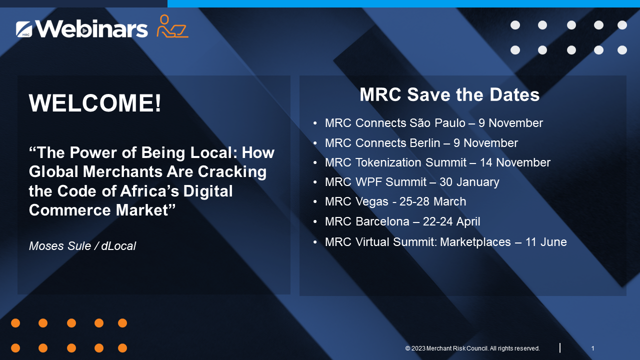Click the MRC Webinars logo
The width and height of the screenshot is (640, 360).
(82, 29)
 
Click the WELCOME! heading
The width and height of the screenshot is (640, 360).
(95, 103)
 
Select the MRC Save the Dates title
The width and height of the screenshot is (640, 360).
(449, 94)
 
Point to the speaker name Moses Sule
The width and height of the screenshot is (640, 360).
(59, 246)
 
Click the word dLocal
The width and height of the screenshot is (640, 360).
(118, 246)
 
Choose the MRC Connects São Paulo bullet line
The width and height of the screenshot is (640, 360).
(433, 123)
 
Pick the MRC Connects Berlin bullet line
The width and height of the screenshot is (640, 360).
(421, 143)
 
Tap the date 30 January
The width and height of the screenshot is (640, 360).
(469, 182)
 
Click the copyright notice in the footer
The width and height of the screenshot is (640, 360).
(472, 348)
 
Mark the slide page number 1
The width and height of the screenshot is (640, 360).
(592, 348)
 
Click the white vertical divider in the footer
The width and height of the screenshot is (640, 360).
(559, 348)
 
